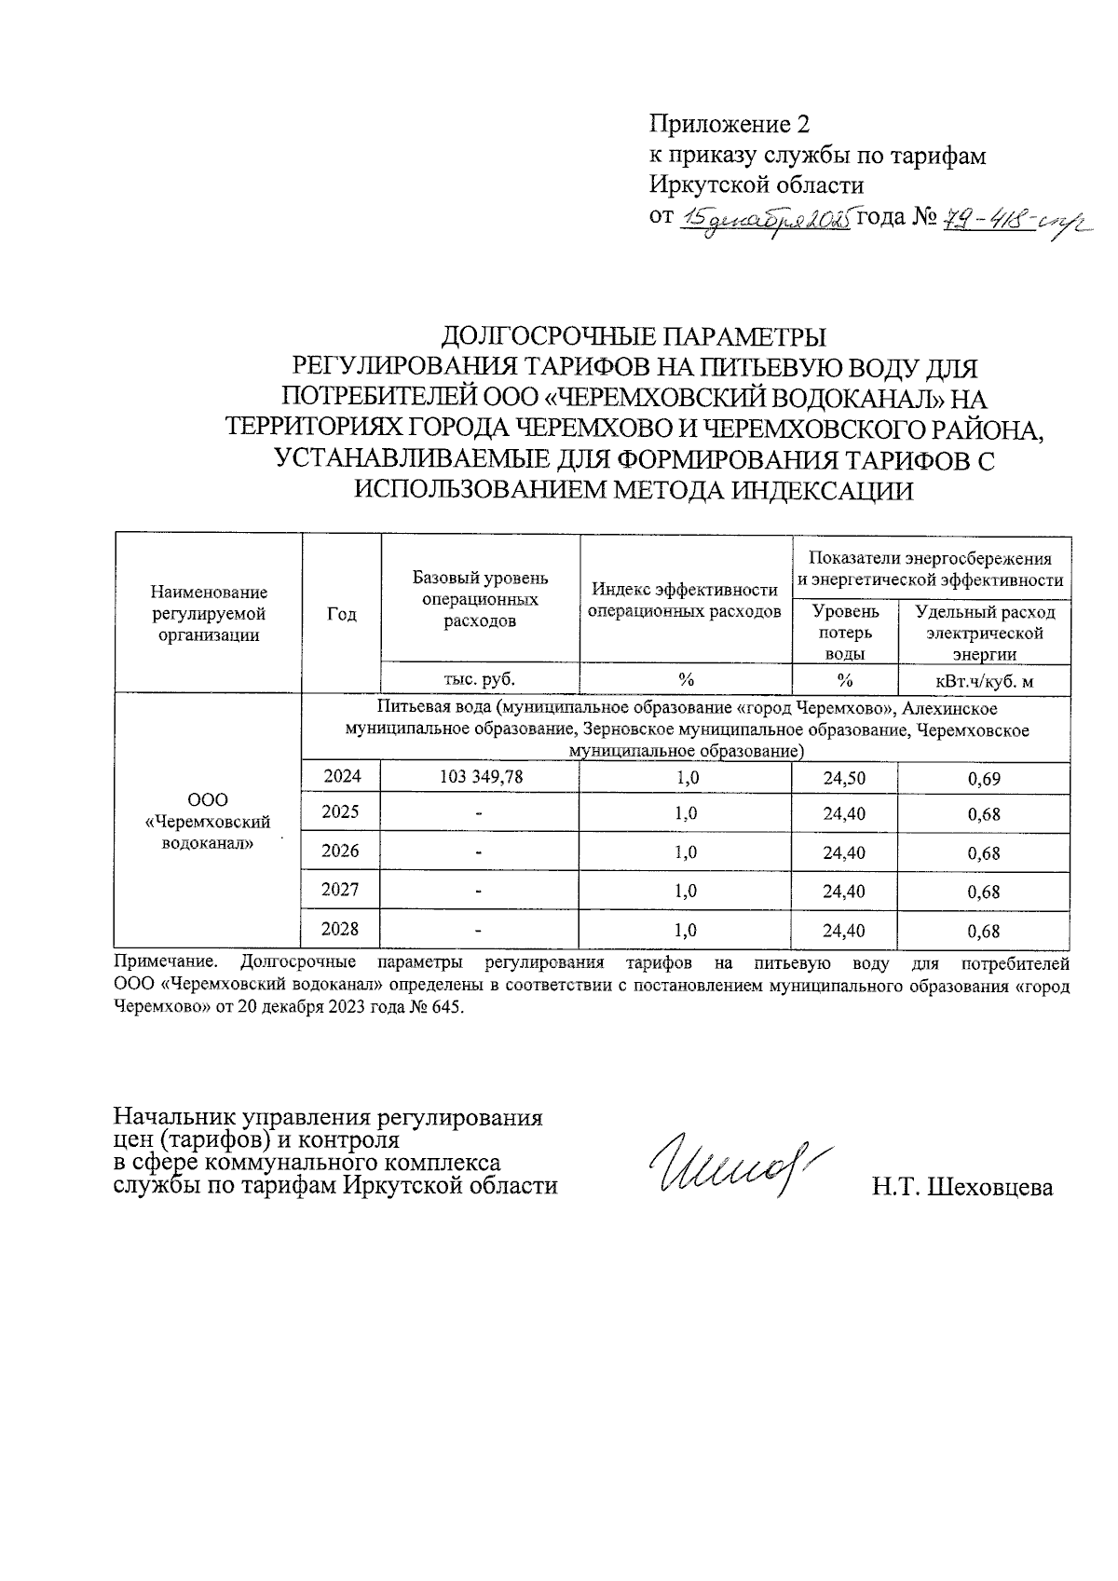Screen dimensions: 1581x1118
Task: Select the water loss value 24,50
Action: point(844,778)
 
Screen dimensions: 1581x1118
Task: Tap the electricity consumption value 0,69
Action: point(984,778)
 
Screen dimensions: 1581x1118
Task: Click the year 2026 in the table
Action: point(340,851)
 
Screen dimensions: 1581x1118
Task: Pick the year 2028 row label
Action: point(340,929)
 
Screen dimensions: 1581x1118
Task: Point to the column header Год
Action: point(342,614)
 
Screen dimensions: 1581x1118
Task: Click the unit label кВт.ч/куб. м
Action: point(984,680)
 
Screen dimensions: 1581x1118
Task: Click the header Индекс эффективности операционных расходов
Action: point(686,601)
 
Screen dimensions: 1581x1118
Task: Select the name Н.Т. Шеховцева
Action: point(962,1187)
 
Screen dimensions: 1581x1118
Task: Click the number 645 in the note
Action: point(444,1008)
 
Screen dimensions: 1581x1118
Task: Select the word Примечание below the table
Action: point(165,962)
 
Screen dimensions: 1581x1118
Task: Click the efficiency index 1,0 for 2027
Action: point(686,891)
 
